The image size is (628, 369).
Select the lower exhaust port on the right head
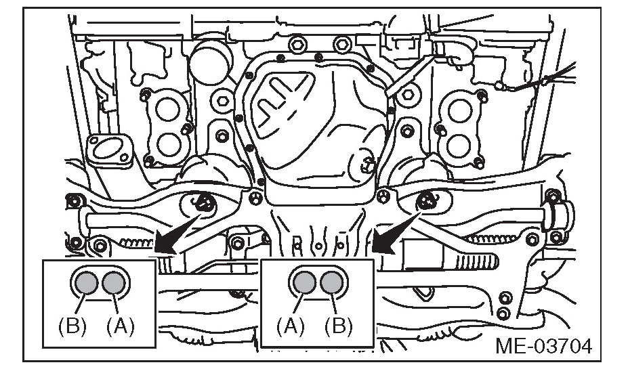(460, 144)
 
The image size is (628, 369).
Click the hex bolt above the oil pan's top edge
(297, 47)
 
